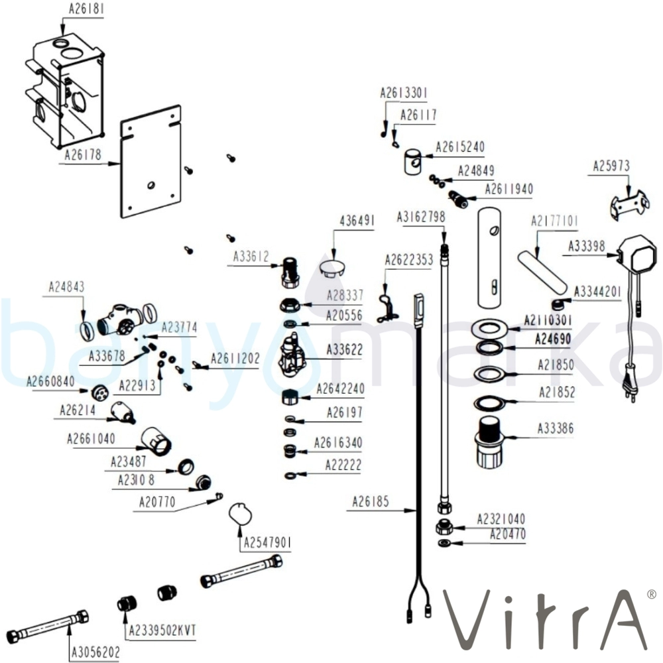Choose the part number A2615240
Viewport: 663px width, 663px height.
pyautogui.click(x=460, y=147)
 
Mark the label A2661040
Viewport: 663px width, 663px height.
pyautogui.click(x=91, y=439)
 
